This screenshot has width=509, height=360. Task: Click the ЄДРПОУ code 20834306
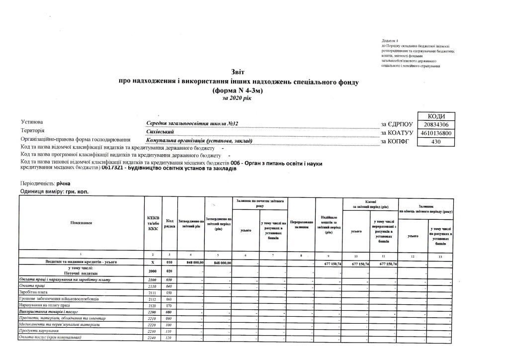coord(437,125)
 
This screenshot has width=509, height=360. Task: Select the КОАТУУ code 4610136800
coord(437,134)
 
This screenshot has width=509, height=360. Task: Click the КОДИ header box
coord(437,116)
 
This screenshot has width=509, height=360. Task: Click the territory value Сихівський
coord(160,132)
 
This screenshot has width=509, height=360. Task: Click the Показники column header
coord(81,223)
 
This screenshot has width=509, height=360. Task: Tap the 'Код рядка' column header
coord(170,223)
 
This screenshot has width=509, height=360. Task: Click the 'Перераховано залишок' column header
coord(301,223)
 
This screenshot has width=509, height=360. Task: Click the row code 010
coord(170,262)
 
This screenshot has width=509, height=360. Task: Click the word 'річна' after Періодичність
coord(64,184)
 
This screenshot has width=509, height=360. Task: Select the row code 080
coord(170,312)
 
